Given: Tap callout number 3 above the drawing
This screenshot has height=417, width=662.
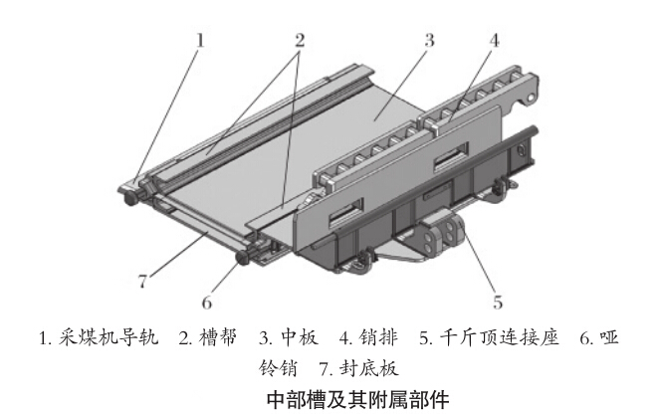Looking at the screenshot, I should (428, 41).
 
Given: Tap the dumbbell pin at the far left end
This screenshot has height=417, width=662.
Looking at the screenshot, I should (131, 198).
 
